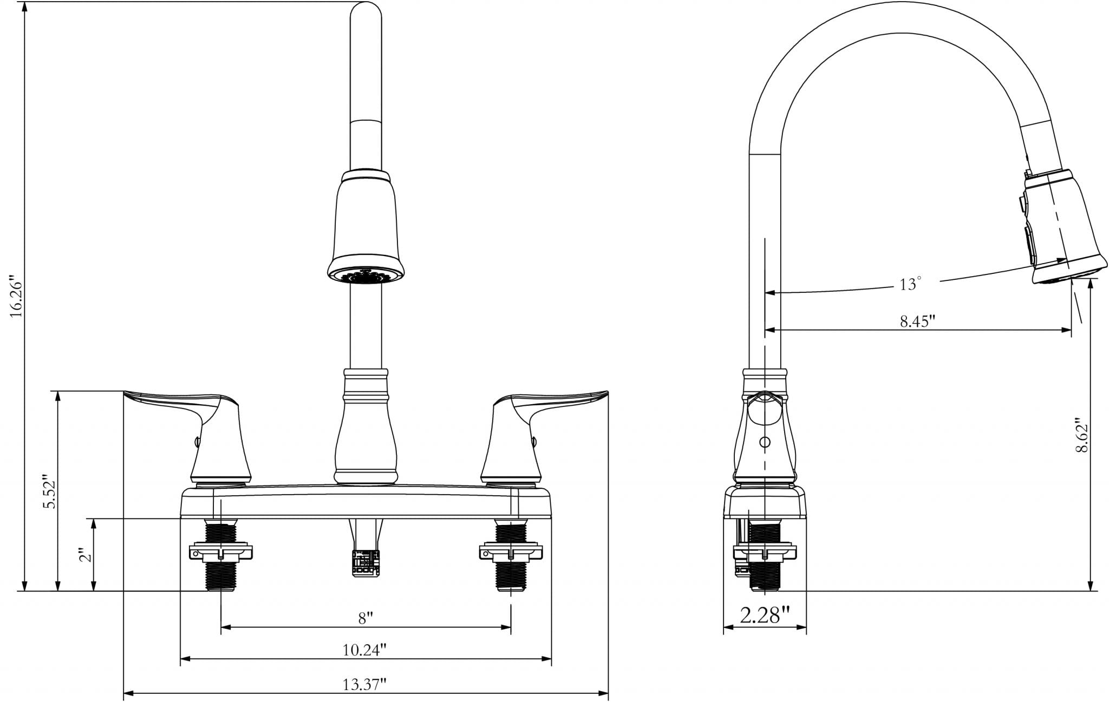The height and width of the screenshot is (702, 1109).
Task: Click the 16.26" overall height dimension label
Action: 16,298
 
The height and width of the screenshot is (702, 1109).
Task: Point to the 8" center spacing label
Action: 366,618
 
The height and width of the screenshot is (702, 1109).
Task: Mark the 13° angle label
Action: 910,284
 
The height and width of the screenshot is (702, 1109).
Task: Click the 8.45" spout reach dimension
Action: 918,321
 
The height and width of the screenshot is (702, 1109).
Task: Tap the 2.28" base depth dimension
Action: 765,615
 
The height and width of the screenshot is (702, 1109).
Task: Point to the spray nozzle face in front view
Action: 366,275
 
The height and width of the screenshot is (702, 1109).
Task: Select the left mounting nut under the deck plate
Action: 221,552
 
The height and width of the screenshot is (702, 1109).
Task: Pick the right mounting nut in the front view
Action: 511,552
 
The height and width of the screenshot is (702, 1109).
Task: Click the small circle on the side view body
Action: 765,442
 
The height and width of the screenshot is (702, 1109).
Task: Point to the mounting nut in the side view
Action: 765,552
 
